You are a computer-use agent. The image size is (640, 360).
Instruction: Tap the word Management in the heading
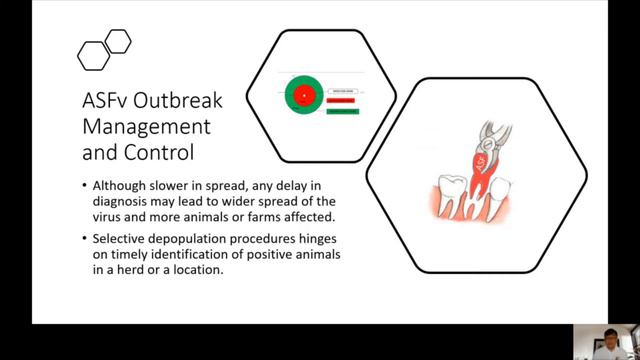(146, 127)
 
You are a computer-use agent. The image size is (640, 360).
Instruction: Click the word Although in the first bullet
(119, 185)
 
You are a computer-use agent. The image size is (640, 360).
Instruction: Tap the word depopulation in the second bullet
(188, 240)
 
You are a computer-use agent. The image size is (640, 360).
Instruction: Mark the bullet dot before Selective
(84, 240)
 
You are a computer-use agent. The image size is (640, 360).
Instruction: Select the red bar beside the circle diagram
(341, 99)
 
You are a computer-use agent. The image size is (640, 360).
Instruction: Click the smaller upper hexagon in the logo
(118, 41)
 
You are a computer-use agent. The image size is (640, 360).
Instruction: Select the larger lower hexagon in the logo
(93, 54)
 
